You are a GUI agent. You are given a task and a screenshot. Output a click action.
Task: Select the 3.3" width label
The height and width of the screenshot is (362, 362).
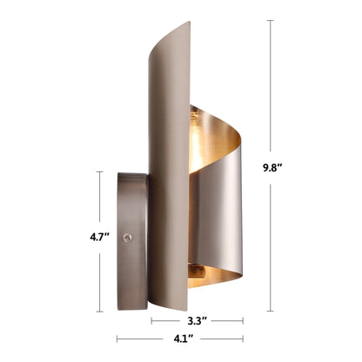click(x=198, y=320)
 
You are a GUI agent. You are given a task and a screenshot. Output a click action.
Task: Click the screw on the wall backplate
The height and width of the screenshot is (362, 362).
click(x=128, y=234)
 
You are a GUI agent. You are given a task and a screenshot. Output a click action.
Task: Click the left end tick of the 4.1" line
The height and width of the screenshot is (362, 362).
click(x=117, y=340)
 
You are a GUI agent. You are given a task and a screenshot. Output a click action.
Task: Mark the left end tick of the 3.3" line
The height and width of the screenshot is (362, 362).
click(x=152, y=320)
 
